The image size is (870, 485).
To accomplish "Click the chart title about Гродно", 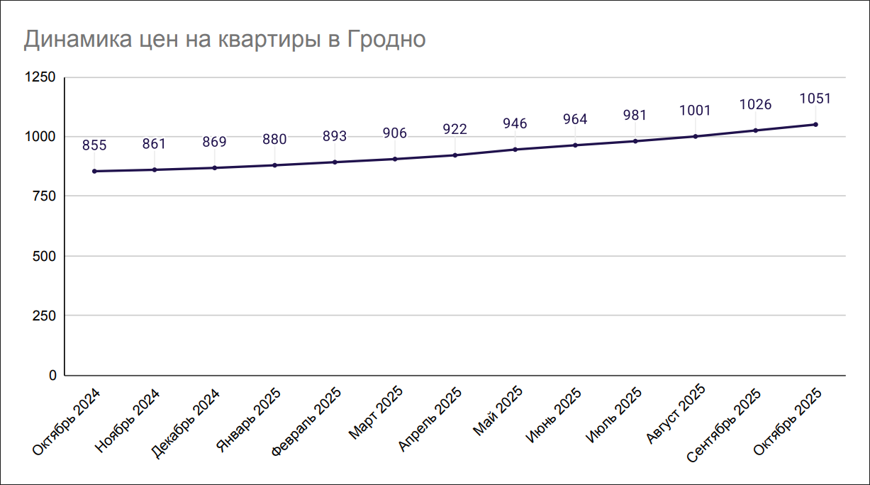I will tap(225, 40).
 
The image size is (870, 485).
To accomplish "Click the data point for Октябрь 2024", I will tap(94, 171).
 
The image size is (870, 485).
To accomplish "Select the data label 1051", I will tap(815, 99).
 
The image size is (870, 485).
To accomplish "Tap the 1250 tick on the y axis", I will tap(41, 77).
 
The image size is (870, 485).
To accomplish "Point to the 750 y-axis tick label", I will tap(44, 196).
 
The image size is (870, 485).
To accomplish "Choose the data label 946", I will tap(515, 124).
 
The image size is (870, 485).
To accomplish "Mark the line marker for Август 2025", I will tap(695, 136).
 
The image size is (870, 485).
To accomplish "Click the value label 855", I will tap(94, 145).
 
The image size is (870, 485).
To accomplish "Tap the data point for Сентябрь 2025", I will tap(755, 130).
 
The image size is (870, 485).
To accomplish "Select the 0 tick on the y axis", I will tap(52, 375).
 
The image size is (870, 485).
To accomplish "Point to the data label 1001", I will tap(695, 111).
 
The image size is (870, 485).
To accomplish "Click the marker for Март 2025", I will tap(395, 159).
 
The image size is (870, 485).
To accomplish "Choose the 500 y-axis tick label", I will tap(44, 256).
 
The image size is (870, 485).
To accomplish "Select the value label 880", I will tap(274, 140).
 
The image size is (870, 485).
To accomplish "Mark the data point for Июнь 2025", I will tap(575, 145).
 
